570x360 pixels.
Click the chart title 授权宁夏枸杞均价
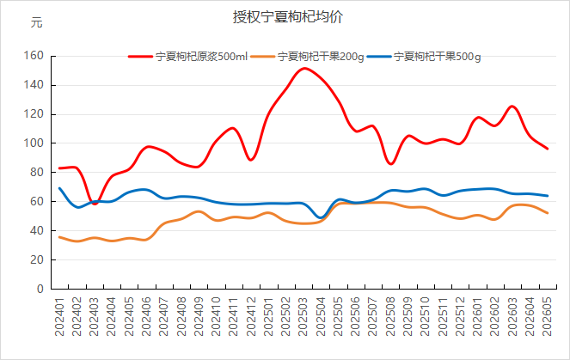pos(287,17)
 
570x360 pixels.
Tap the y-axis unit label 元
pos(36,22)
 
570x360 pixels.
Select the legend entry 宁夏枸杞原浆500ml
pos(187,57)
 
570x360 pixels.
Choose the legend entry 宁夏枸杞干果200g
pos(307,57)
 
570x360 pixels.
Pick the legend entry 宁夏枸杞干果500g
pos(424,57)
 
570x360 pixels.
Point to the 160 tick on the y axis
pos(34,56)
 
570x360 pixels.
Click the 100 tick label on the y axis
pos(34,143)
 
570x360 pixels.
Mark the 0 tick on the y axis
pos(40,289)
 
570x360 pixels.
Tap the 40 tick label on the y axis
pos(37,230)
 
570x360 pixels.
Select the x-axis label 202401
pos(59,316)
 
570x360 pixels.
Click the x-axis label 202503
pos(303,316)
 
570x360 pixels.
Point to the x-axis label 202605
pos(547,316)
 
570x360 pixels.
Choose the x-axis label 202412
pos(251,316)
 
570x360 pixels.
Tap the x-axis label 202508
pos(390,316)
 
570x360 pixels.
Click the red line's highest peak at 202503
pos(303,68)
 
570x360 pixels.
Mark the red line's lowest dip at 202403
pos(95,204)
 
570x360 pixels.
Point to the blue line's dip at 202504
pos(321,217)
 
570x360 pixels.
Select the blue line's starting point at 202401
pos(59,188)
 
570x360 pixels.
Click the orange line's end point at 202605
pos(547,213)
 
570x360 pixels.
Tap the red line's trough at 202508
pos(391,164)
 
